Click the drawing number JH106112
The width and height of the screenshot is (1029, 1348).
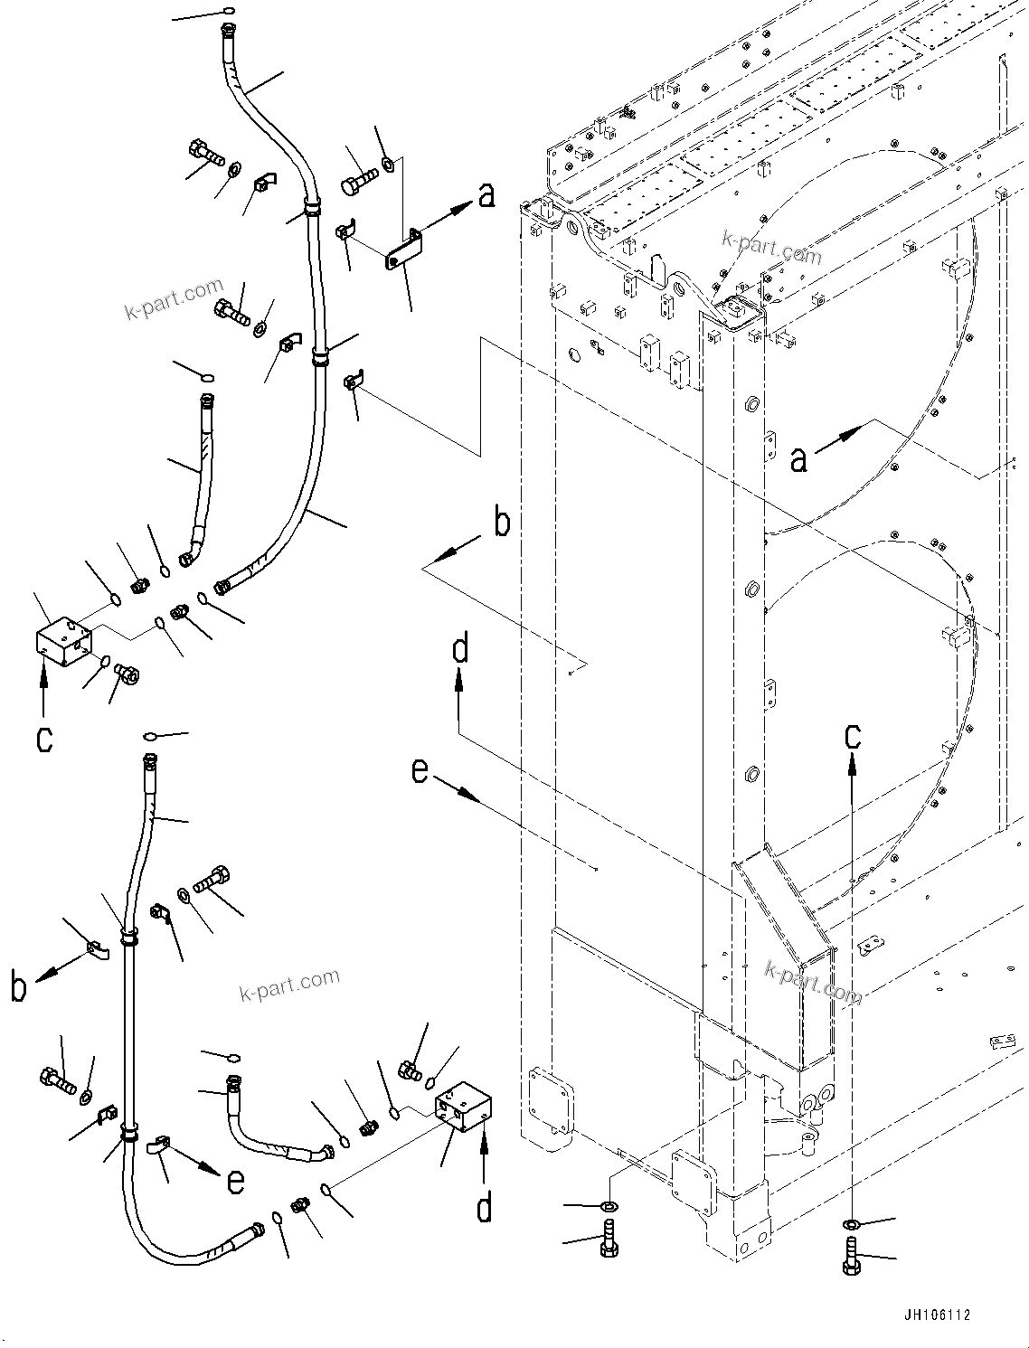(x=935, y=1315)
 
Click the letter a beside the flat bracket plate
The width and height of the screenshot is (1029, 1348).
(x=486, y=194)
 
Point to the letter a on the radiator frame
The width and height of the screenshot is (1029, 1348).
(x=798, y=459)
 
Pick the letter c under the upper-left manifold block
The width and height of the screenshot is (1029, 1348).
(x=44, y=739)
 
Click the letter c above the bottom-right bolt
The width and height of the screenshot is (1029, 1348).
(x=853, y=737)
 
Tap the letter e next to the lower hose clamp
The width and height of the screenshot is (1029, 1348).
(x=235, y=1181)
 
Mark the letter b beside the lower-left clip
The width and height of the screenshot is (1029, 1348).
(x=18, y=987)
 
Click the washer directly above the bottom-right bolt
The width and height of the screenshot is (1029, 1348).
(x=851, y=1223)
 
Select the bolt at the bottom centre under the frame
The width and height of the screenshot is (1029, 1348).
(x=609, y=1238)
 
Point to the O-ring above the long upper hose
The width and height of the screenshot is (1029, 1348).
(x=226, y=12)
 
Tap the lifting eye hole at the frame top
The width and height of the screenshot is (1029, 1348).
(x=679, y=292)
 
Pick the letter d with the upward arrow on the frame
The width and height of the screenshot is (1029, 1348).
(x=460, y=649)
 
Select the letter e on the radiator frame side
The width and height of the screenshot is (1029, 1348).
(x=420, y=771)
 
